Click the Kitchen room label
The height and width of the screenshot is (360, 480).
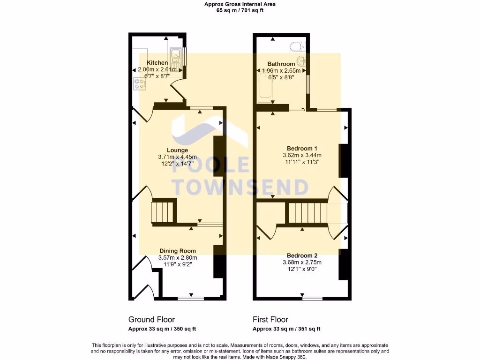click(157, 63)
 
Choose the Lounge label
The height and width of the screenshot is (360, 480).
click(177, 150)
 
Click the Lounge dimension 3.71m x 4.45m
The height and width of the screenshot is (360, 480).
click(177, 157)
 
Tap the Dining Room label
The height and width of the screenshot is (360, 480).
click(177, 251)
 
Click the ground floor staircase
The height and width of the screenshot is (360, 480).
click(163, 211)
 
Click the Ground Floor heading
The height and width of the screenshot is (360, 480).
click(151, 320)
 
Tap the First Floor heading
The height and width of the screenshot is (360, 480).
click(270, 320)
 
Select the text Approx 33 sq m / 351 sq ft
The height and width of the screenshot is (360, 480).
click(286, 329)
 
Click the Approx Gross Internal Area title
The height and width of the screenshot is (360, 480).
click(240, 4)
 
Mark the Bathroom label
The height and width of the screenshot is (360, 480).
click(281, 64)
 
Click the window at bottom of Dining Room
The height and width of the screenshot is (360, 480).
click(191, 298)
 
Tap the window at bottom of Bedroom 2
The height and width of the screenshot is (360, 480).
click(312, 298)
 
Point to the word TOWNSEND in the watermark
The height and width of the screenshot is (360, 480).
click(241, 187)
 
